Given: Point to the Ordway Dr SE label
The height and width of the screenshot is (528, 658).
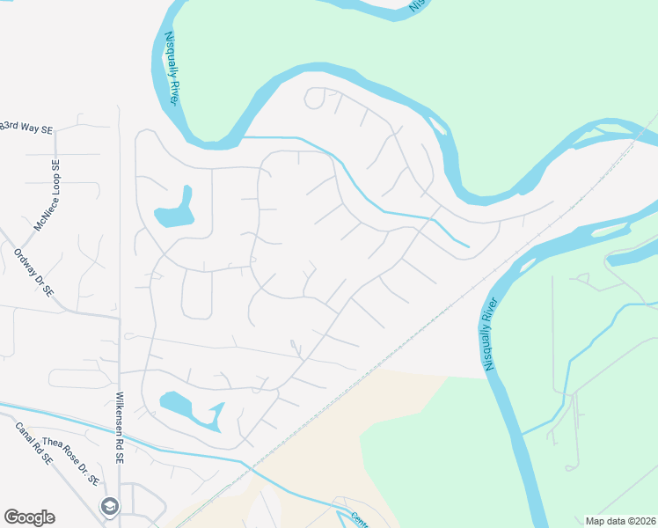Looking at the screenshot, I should click(34, 272).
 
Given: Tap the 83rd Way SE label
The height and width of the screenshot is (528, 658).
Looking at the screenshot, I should click(26, 128).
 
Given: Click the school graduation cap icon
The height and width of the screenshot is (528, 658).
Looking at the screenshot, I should click(109, 505).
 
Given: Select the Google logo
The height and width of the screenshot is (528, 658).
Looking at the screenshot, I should click(29, 517).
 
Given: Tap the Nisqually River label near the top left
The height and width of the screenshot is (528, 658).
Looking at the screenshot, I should click(172, 70).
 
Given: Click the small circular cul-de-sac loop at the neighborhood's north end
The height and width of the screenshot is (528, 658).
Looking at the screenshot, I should click(314, 98).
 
